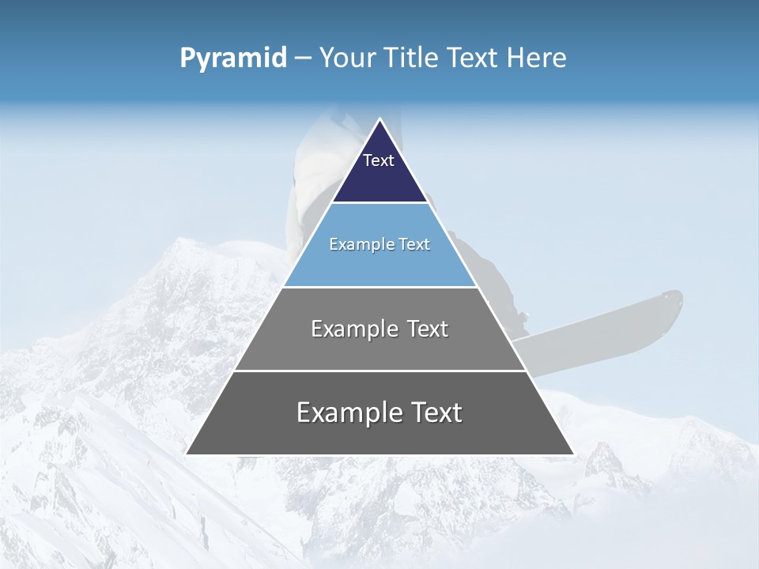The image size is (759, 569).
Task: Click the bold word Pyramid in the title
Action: tap(232, 58)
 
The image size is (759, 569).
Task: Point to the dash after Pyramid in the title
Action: tap(302, 58)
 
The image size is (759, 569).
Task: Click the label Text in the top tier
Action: tap(379, 160)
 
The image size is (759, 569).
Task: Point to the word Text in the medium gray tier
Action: tap(423, 329)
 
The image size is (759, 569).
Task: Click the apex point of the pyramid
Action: tap(379, 120)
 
